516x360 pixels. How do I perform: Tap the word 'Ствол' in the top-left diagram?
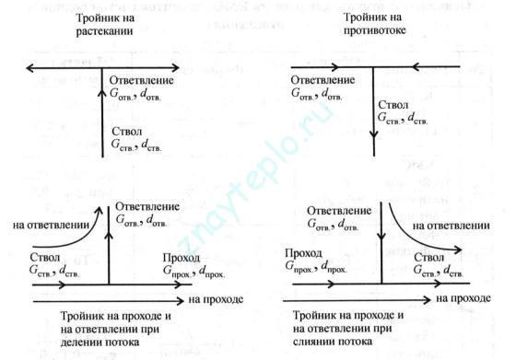[128, 131]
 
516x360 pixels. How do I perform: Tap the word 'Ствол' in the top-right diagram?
[398, 104]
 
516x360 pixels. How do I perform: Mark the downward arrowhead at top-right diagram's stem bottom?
[374, 155]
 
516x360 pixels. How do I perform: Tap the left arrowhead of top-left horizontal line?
[30, 68]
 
